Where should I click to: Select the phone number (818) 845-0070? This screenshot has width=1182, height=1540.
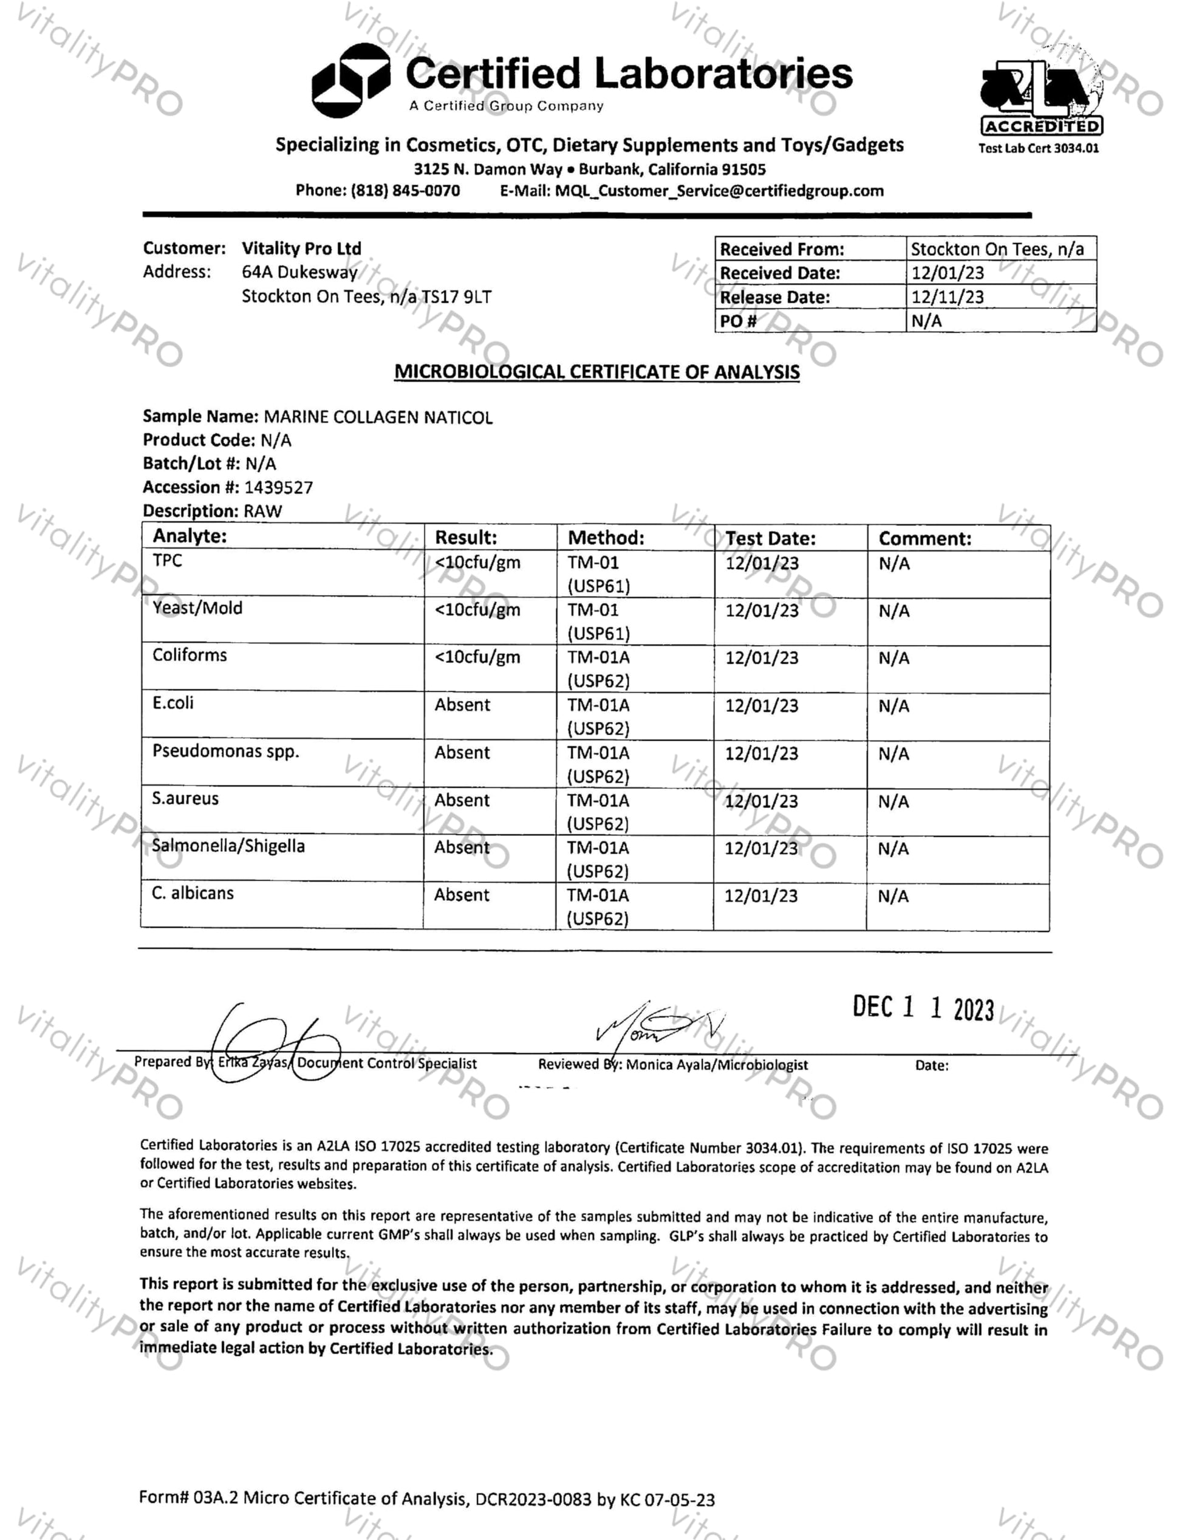point(405,191)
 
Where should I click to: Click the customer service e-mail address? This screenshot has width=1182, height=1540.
point(719,191)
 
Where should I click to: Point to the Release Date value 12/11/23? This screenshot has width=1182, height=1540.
point(947,297)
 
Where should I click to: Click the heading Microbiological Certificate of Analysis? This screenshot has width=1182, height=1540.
point(596,372)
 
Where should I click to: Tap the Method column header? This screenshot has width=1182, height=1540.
point(606,538)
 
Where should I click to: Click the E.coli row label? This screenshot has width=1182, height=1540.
point(173,703)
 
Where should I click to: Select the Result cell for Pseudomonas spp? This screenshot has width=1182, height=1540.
point(462,753)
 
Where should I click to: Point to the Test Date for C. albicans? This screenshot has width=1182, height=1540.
point(761,896)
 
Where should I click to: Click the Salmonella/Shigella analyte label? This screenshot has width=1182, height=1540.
point(228,846)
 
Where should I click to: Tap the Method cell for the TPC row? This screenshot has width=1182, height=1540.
point(598,574)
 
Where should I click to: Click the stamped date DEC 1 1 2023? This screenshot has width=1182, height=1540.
point(923,1008)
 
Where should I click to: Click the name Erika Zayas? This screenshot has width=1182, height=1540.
point(252,1063)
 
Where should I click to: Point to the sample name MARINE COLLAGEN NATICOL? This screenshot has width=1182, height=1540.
point(378,417)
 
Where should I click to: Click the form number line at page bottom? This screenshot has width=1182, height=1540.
point(426,1499)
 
